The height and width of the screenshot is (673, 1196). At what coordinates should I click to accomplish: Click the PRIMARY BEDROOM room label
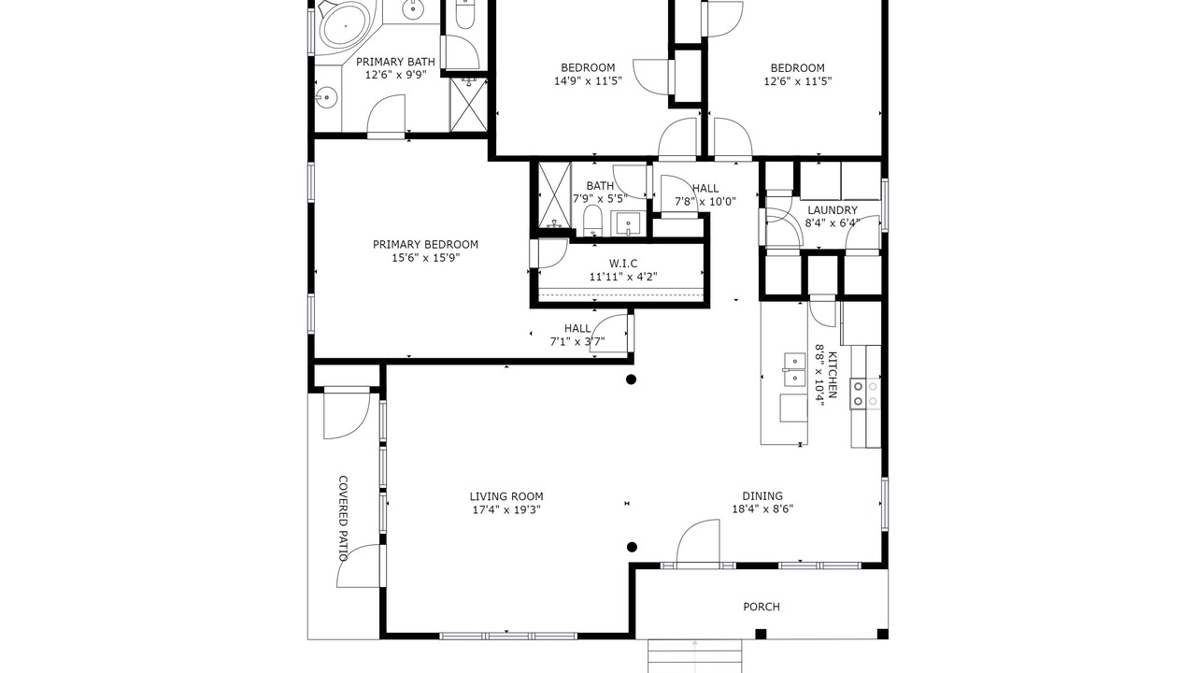(425, 245)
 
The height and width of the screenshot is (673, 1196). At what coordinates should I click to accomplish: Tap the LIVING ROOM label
(506, 496)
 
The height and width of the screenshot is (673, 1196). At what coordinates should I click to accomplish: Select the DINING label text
(762, 495)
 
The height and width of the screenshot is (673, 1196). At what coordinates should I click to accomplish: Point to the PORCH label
(762, 607)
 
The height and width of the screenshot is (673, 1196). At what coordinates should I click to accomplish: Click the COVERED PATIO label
(343, 518)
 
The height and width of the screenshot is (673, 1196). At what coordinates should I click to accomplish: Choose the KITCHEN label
(833, 375)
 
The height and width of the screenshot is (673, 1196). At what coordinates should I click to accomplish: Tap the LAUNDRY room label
(833, 210)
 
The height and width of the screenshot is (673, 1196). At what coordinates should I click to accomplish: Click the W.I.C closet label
(623, 264)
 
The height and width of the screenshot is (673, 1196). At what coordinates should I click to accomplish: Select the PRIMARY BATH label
(395, 62)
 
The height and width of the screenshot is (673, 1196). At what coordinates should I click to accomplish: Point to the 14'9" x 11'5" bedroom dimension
(588, 81)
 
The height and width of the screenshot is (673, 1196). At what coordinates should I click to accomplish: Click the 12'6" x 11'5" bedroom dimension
(798, 81)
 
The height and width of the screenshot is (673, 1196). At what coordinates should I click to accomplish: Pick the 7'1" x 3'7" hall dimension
(577, 341)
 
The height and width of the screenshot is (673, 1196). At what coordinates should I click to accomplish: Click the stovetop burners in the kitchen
(865, 394)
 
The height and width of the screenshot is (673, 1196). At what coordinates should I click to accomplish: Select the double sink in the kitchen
(794, 369)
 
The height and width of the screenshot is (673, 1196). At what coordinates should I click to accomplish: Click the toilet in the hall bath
(592, 221)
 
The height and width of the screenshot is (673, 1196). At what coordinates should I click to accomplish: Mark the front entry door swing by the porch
(698, 541)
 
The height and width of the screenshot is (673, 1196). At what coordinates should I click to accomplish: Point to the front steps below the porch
(694, 656)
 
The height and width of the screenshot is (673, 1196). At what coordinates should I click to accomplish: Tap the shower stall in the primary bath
(468, 104)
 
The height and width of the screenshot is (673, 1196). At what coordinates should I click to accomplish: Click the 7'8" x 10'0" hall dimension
(705, 202)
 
